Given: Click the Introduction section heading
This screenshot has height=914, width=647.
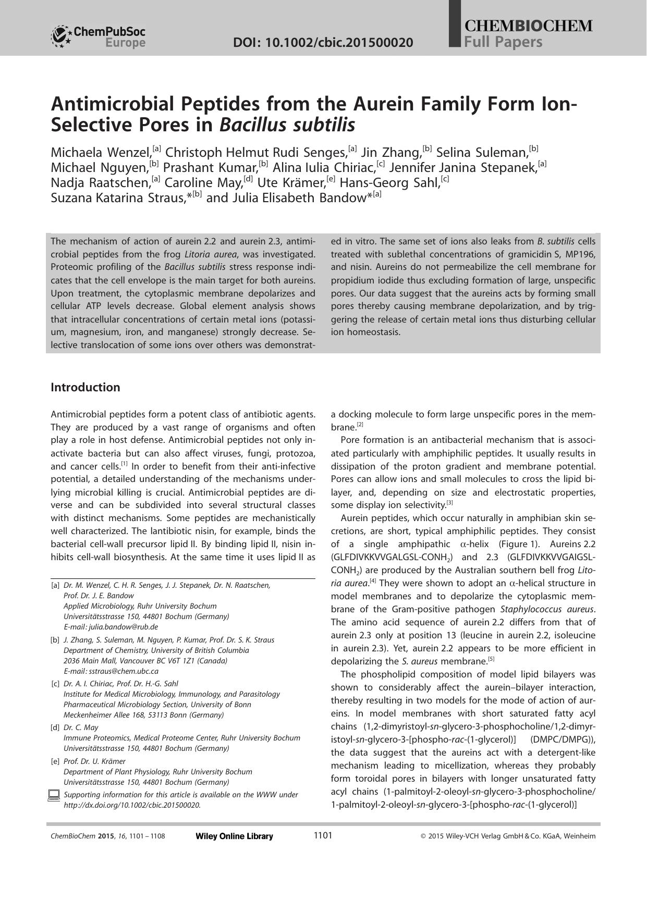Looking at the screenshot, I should (x=86, y=387).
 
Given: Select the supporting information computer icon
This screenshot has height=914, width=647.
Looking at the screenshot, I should (x=54, y=795).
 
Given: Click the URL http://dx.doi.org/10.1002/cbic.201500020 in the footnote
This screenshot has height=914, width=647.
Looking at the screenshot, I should (x=132, y=805).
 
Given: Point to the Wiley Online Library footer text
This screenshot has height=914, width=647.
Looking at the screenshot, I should (x=234, y=836).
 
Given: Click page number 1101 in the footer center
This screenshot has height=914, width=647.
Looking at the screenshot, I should (x=323, y=836).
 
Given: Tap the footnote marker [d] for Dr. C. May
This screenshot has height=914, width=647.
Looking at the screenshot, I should (x=55, y=727).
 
